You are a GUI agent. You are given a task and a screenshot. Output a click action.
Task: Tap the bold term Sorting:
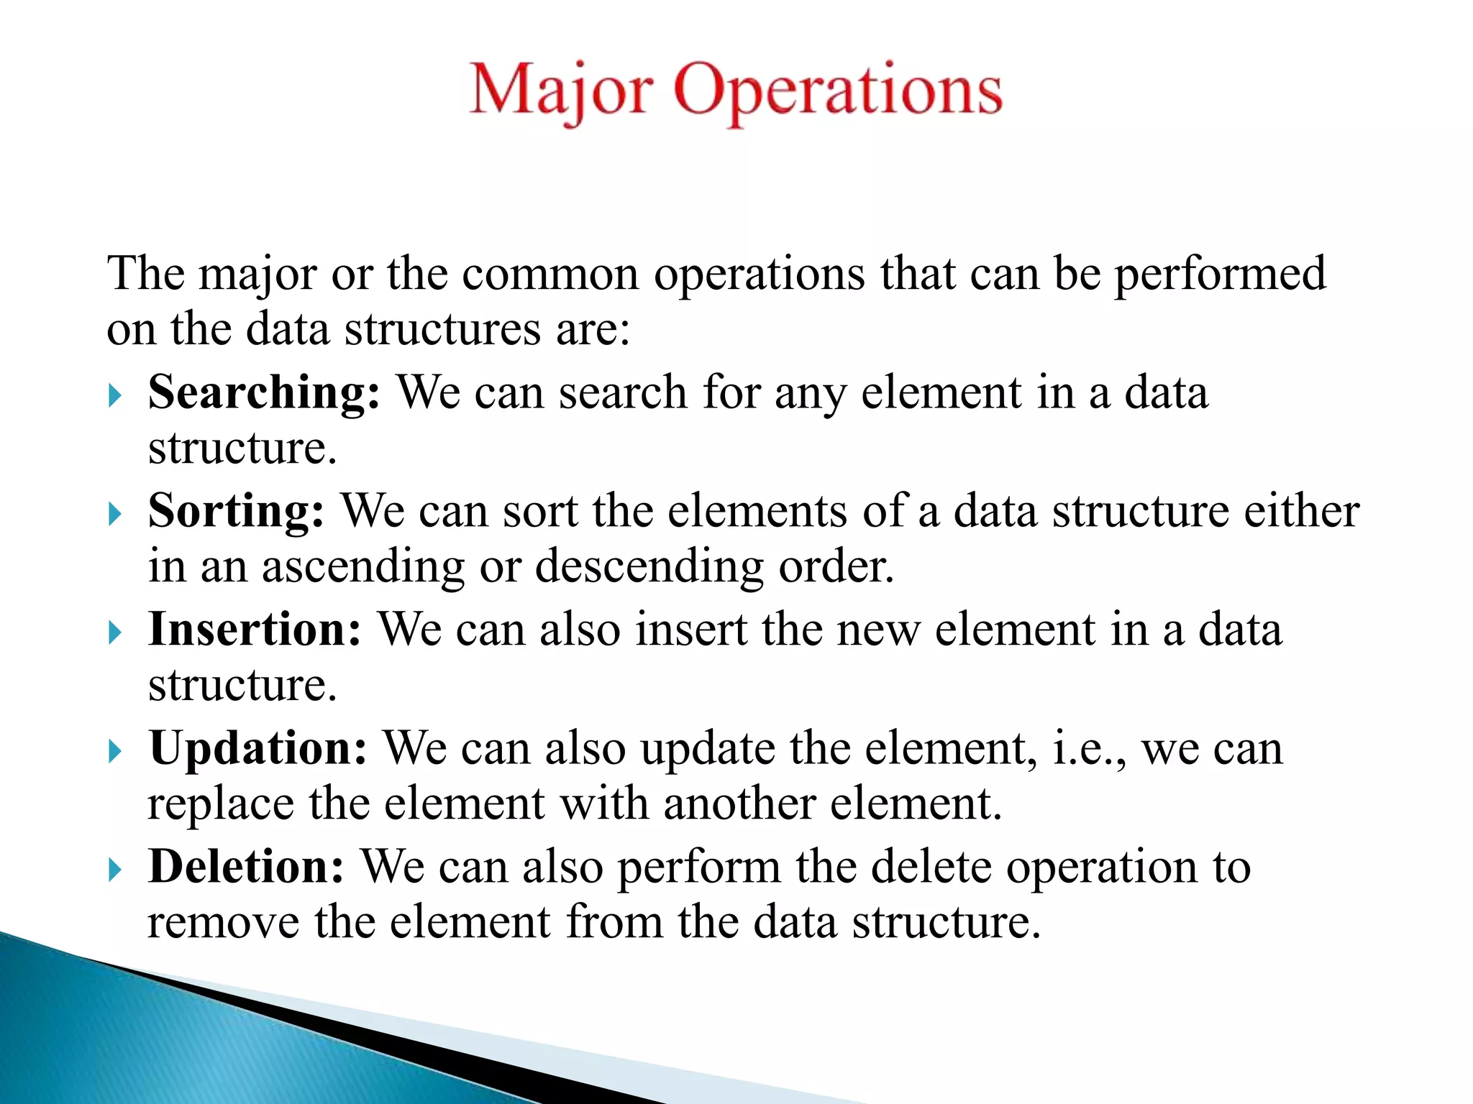[236, 512]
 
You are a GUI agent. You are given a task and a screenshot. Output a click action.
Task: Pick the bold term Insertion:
[255, 630]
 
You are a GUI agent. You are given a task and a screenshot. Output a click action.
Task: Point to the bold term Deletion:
[247, 868]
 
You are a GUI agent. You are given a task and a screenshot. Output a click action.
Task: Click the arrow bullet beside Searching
[115, 395]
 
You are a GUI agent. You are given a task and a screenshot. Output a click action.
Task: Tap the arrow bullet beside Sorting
[115, 514]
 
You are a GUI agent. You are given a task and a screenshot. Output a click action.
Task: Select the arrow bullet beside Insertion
[115, 632]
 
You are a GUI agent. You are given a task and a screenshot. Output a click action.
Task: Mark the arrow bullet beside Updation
[115, 751]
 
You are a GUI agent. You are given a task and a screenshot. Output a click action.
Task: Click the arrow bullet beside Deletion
[115, 870]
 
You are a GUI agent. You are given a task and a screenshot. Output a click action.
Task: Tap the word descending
[649, 568]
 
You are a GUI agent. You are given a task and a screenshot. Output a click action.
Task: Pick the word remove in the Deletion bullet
[223, 923]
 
